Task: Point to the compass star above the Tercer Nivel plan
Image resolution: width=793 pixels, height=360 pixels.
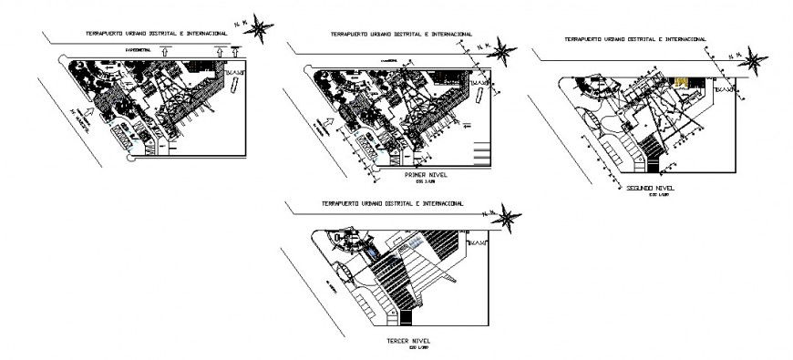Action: point(510,218)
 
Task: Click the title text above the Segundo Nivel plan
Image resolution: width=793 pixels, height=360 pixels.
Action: point(634,39)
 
